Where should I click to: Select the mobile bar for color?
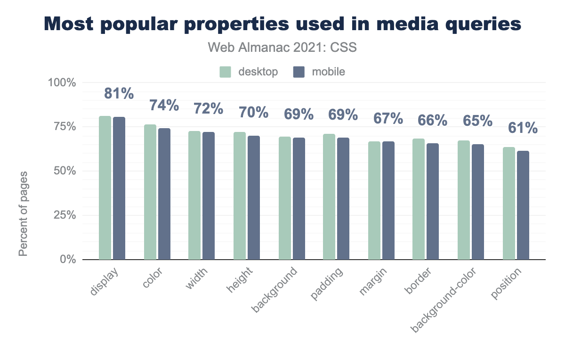coord(164,194)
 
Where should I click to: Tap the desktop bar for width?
coord(194,195)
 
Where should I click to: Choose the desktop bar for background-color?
coord(464,200)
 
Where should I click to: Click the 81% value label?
coord(119,93)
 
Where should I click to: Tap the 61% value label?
coord(523,128)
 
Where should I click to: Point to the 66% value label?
coord(433,120)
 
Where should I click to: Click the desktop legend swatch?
coord(226,72)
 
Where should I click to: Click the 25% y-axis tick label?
coord(64,215)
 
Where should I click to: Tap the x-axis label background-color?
coord(444,301)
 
